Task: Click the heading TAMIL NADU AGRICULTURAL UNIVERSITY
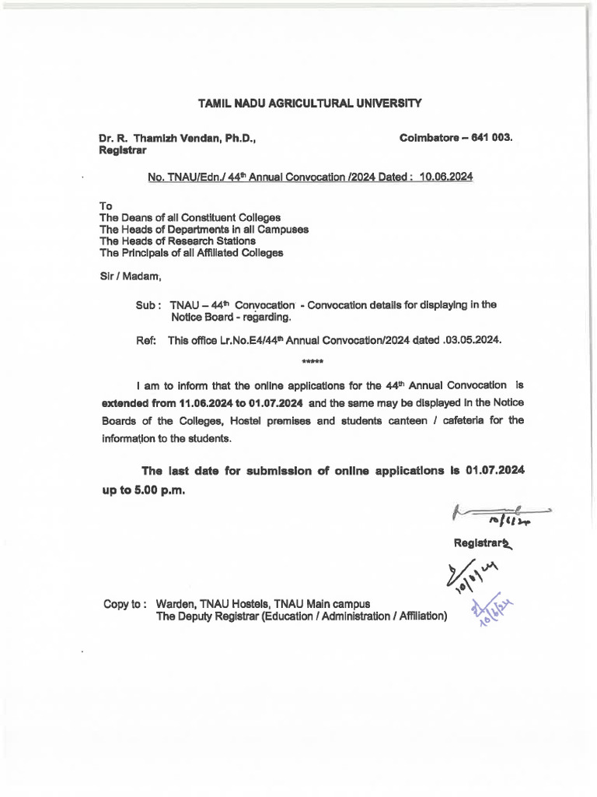pyautogui.click(x=309, y=103)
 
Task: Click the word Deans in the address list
pyautogui.click(x=135, y=217)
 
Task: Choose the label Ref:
pyautogui.click(x=146, y=340)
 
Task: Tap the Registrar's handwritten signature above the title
pyautogui.click(x=497, y=514)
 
